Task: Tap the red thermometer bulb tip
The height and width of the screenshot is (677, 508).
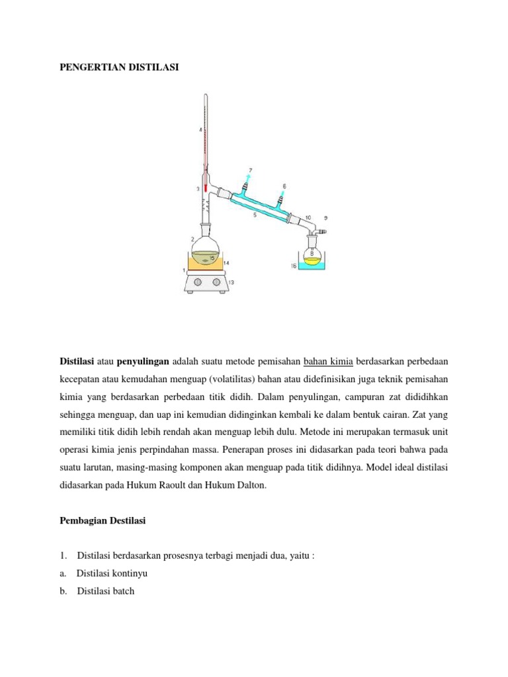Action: click(206, 188)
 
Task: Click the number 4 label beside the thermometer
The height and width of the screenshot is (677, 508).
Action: click(200, 130)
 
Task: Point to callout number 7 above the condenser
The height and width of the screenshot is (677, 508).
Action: click(250, 171)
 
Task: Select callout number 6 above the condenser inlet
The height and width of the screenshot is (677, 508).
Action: click(284, 186)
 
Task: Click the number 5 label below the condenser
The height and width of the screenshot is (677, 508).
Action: click(255, 216)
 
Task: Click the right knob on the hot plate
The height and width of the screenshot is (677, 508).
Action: click(216, 284)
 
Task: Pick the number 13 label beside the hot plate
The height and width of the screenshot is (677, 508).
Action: click(231, 282)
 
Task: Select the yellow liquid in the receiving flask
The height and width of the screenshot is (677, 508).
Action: click(312, 260)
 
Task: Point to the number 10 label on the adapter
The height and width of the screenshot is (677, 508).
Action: click(308, 218)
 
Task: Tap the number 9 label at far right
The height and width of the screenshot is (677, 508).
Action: click(325, 218)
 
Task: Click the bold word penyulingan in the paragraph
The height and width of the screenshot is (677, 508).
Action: click(144, 362)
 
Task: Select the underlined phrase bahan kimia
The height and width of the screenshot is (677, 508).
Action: click(329, 362)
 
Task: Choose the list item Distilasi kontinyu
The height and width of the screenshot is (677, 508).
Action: click(106, 573)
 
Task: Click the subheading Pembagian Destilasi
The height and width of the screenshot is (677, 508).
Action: click(103, 521)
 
